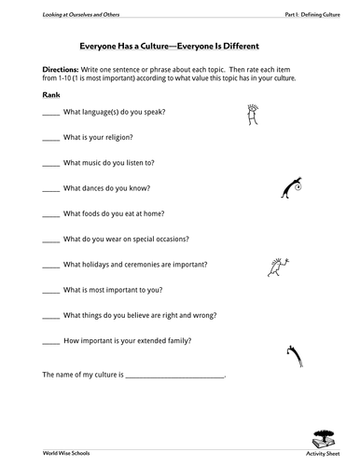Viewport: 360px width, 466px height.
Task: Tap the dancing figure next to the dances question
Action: [x=291, y=189]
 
